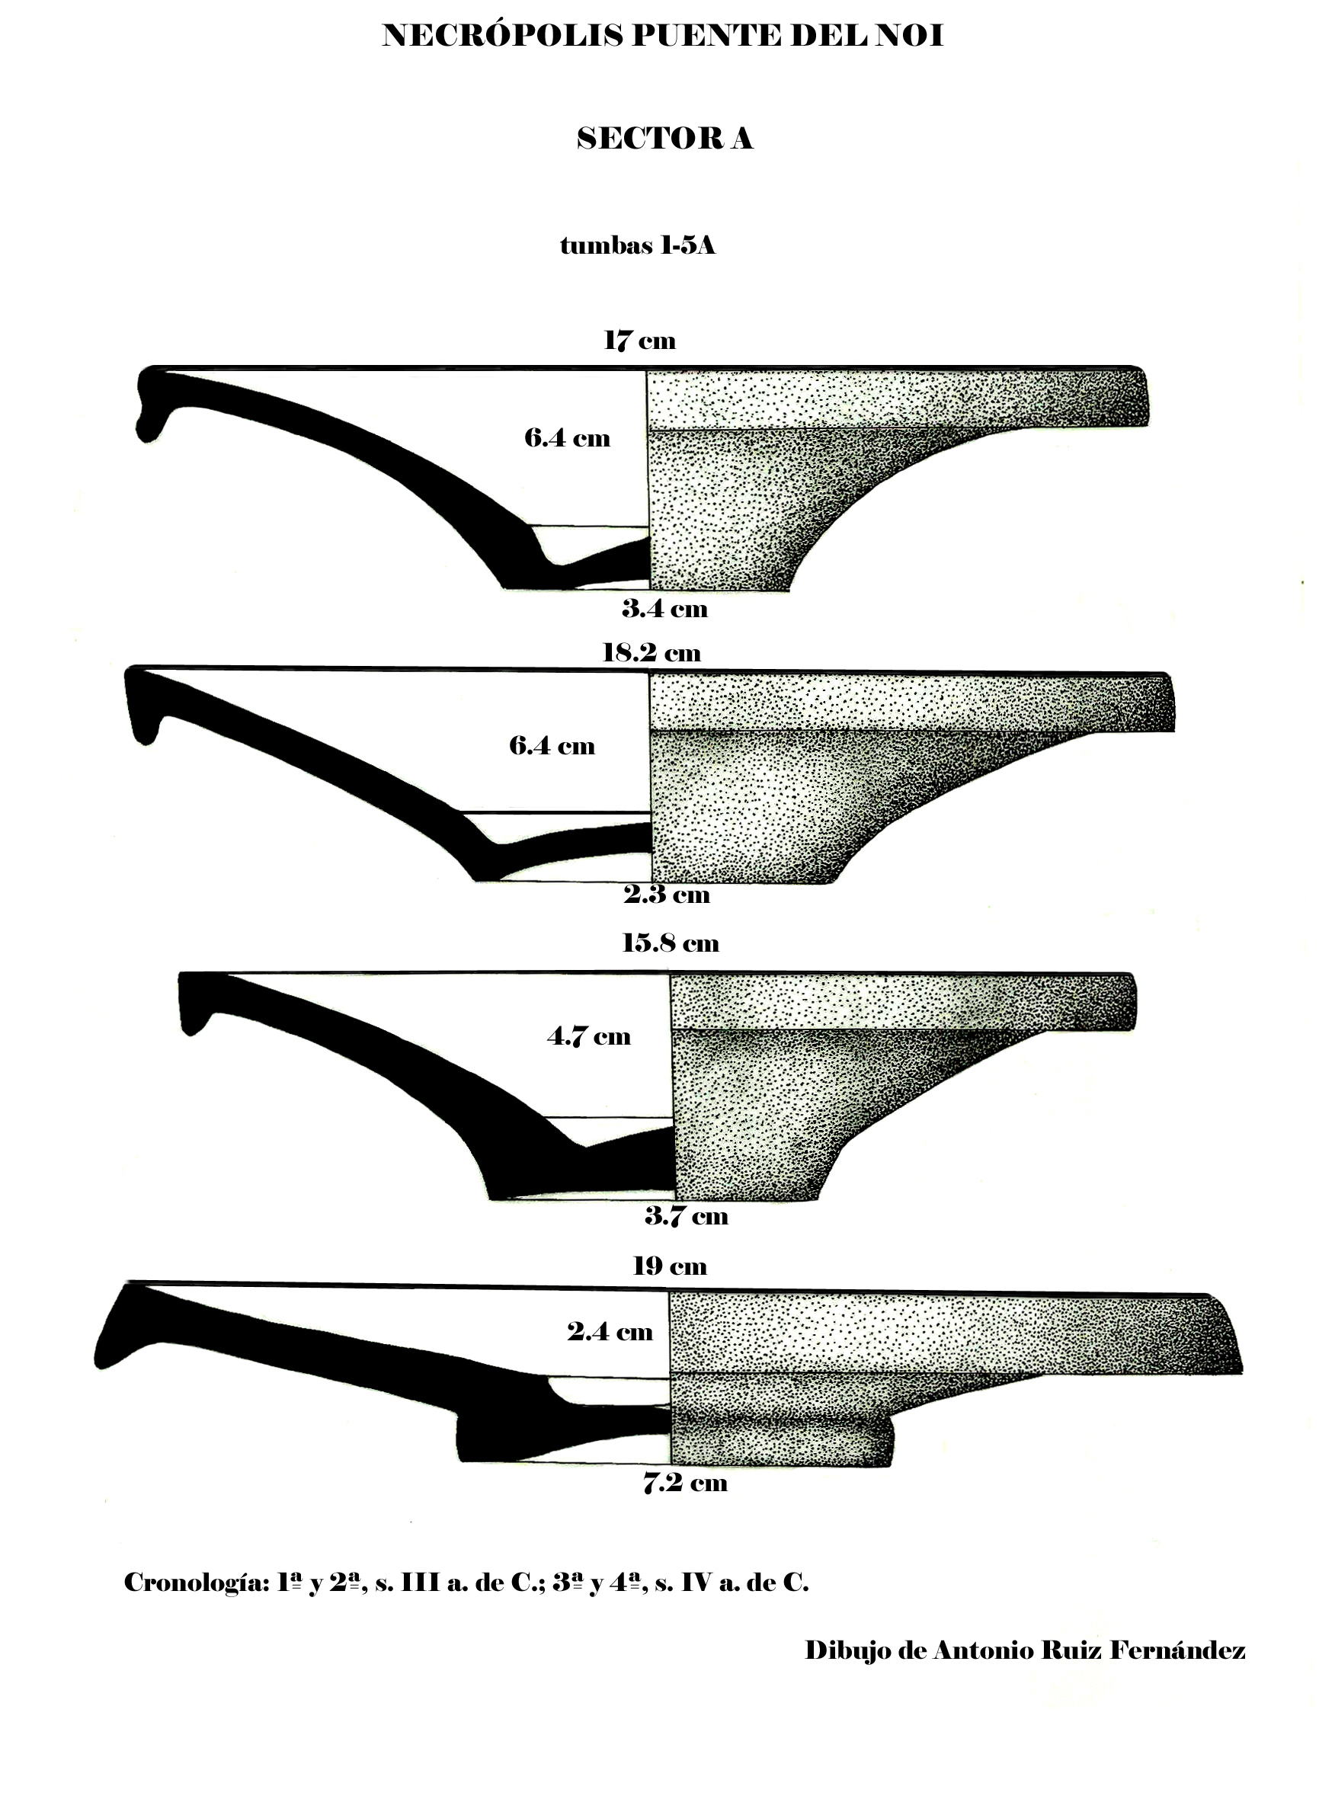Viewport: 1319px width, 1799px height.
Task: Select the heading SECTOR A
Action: tap(664, 139)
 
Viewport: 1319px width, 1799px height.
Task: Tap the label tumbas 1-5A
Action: tap(637, 246)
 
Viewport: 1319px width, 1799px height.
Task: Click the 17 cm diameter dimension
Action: tap(639, 341)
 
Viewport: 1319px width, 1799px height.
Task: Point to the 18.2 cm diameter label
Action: tap(651, 653)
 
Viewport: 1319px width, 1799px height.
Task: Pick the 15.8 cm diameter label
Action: tap(670, 944)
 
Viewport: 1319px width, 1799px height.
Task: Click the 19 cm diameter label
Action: tap(669, 1266)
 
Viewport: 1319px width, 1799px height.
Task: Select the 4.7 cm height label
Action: tap(588, 1037)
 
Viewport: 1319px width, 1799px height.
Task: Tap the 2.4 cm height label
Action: tap(610, 1332)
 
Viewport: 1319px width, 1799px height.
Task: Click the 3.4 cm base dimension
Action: tap(664, 610)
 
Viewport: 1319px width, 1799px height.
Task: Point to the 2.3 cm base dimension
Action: tap(667, 895)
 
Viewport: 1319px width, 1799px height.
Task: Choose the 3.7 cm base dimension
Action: tap(686, 1216)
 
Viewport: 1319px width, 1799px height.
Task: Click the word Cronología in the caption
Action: tap(197, 1583)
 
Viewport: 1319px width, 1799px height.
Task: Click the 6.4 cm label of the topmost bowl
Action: tap(567, 438)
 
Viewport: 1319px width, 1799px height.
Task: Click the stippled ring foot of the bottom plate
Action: tap(783, 1444)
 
